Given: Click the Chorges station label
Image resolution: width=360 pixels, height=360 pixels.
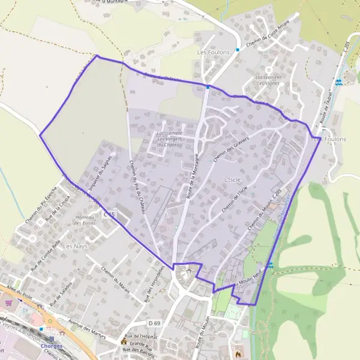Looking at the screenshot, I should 52,346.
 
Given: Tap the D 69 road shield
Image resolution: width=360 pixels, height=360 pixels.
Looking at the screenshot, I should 155,323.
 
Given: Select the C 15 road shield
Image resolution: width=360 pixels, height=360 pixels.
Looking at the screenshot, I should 109,214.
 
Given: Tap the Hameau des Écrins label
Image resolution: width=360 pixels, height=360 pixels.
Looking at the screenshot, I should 85,220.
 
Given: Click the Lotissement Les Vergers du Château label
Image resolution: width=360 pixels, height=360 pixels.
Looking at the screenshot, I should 169,138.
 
